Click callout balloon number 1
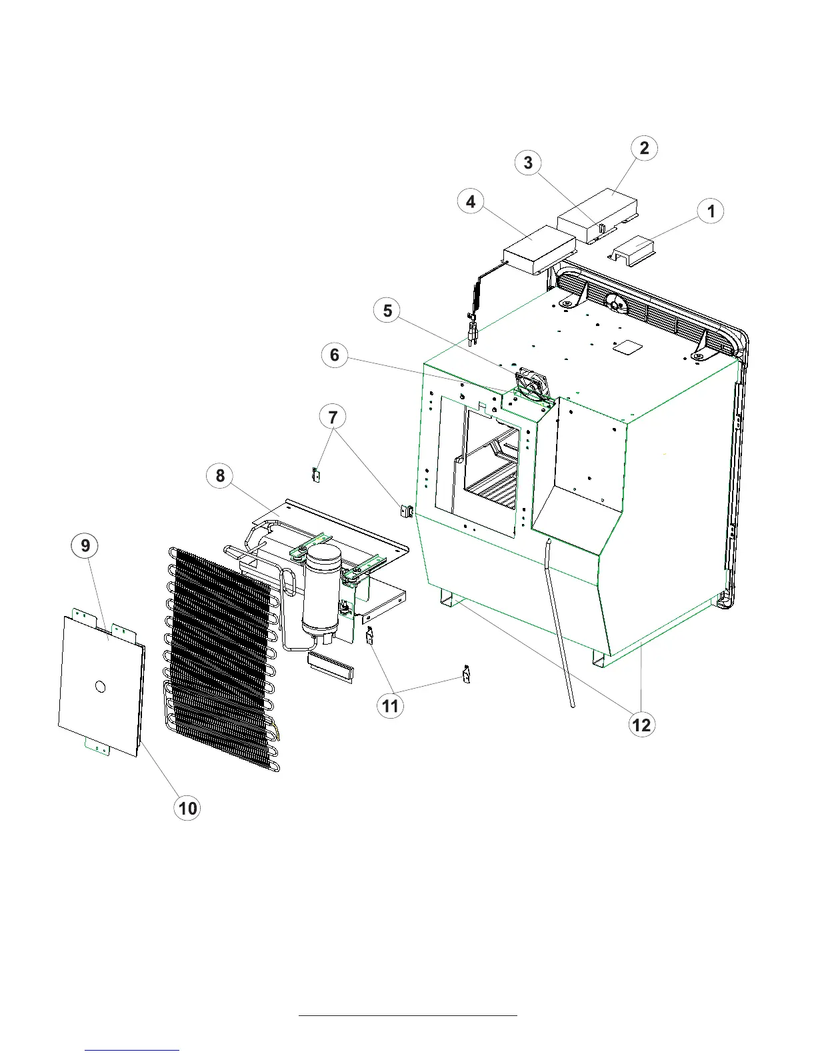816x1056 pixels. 711,211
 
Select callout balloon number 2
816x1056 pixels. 644,148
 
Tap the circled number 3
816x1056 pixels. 528,163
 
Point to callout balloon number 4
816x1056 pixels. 471,201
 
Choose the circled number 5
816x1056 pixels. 387,311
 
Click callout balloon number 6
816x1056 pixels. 335,355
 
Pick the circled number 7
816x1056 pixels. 333,418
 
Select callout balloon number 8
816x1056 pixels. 220,476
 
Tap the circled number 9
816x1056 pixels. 85,546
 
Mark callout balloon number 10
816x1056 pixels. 187,808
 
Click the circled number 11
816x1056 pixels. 391,705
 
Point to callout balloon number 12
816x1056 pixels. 641,725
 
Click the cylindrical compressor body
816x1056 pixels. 321,593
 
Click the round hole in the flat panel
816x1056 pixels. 100,686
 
